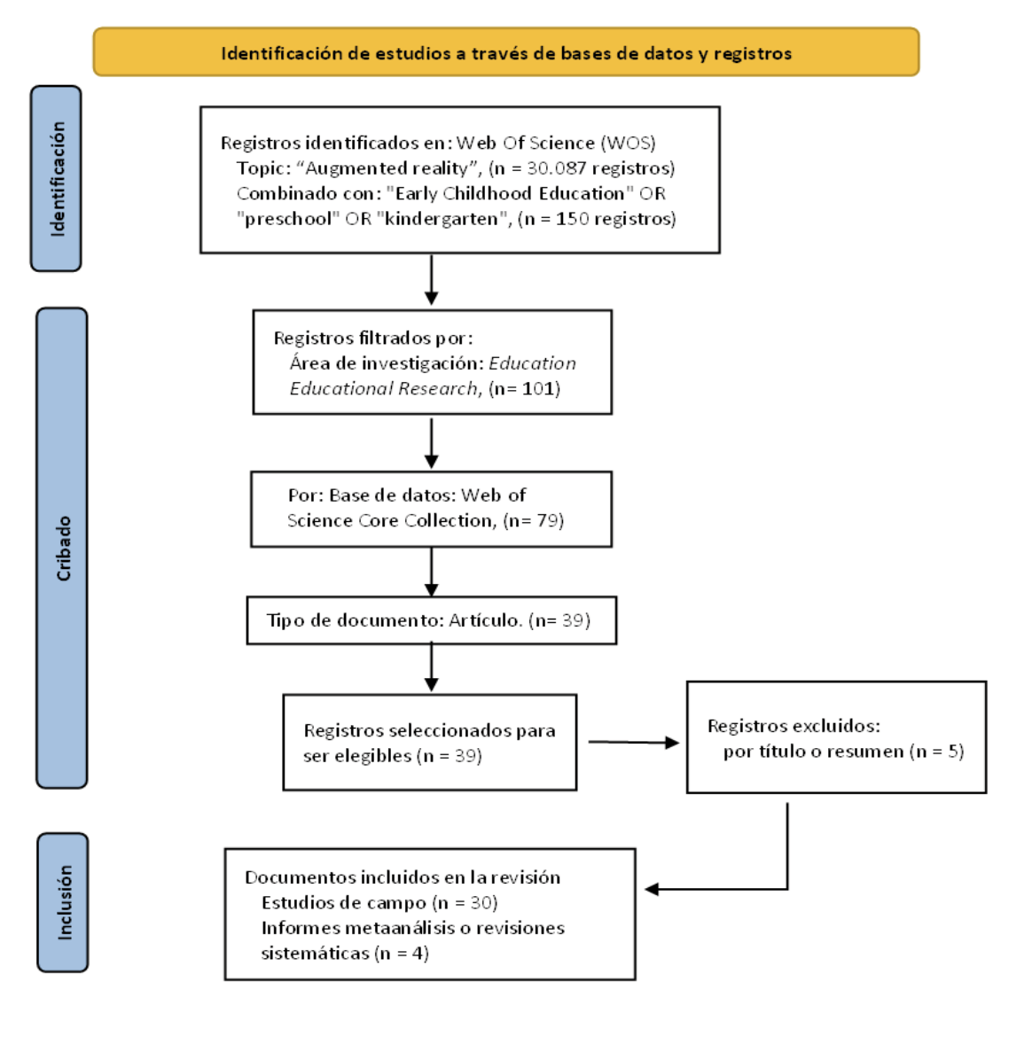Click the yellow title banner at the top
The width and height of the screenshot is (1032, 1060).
tap(505, 52)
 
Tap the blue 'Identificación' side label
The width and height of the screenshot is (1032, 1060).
tap(56, 178)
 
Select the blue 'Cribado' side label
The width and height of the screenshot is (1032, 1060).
tap(62, 548)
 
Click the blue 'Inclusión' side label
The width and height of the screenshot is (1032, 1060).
tap(63, 902)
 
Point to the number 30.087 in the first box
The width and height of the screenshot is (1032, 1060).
tap(556, 168)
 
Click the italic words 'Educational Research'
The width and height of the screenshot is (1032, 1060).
tap(383, 388)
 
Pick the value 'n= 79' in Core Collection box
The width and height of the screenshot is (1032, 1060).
tap(534, 520)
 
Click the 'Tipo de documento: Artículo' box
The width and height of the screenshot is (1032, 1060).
tap(431, 620)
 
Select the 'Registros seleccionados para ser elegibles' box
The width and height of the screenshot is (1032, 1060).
tap(429, 743)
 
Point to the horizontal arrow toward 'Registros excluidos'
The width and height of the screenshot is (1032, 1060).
tap(631, 742)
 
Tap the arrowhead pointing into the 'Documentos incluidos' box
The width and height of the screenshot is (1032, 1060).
tap(653, 889)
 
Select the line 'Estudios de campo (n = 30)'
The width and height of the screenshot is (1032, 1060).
tap(379, 903)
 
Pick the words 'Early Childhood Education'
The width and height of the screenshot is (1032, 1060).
tap(510, 193)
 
